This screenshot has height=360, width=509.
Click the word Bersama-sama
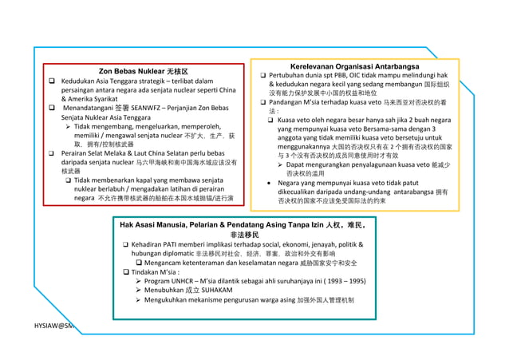[x=390, y=129]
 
